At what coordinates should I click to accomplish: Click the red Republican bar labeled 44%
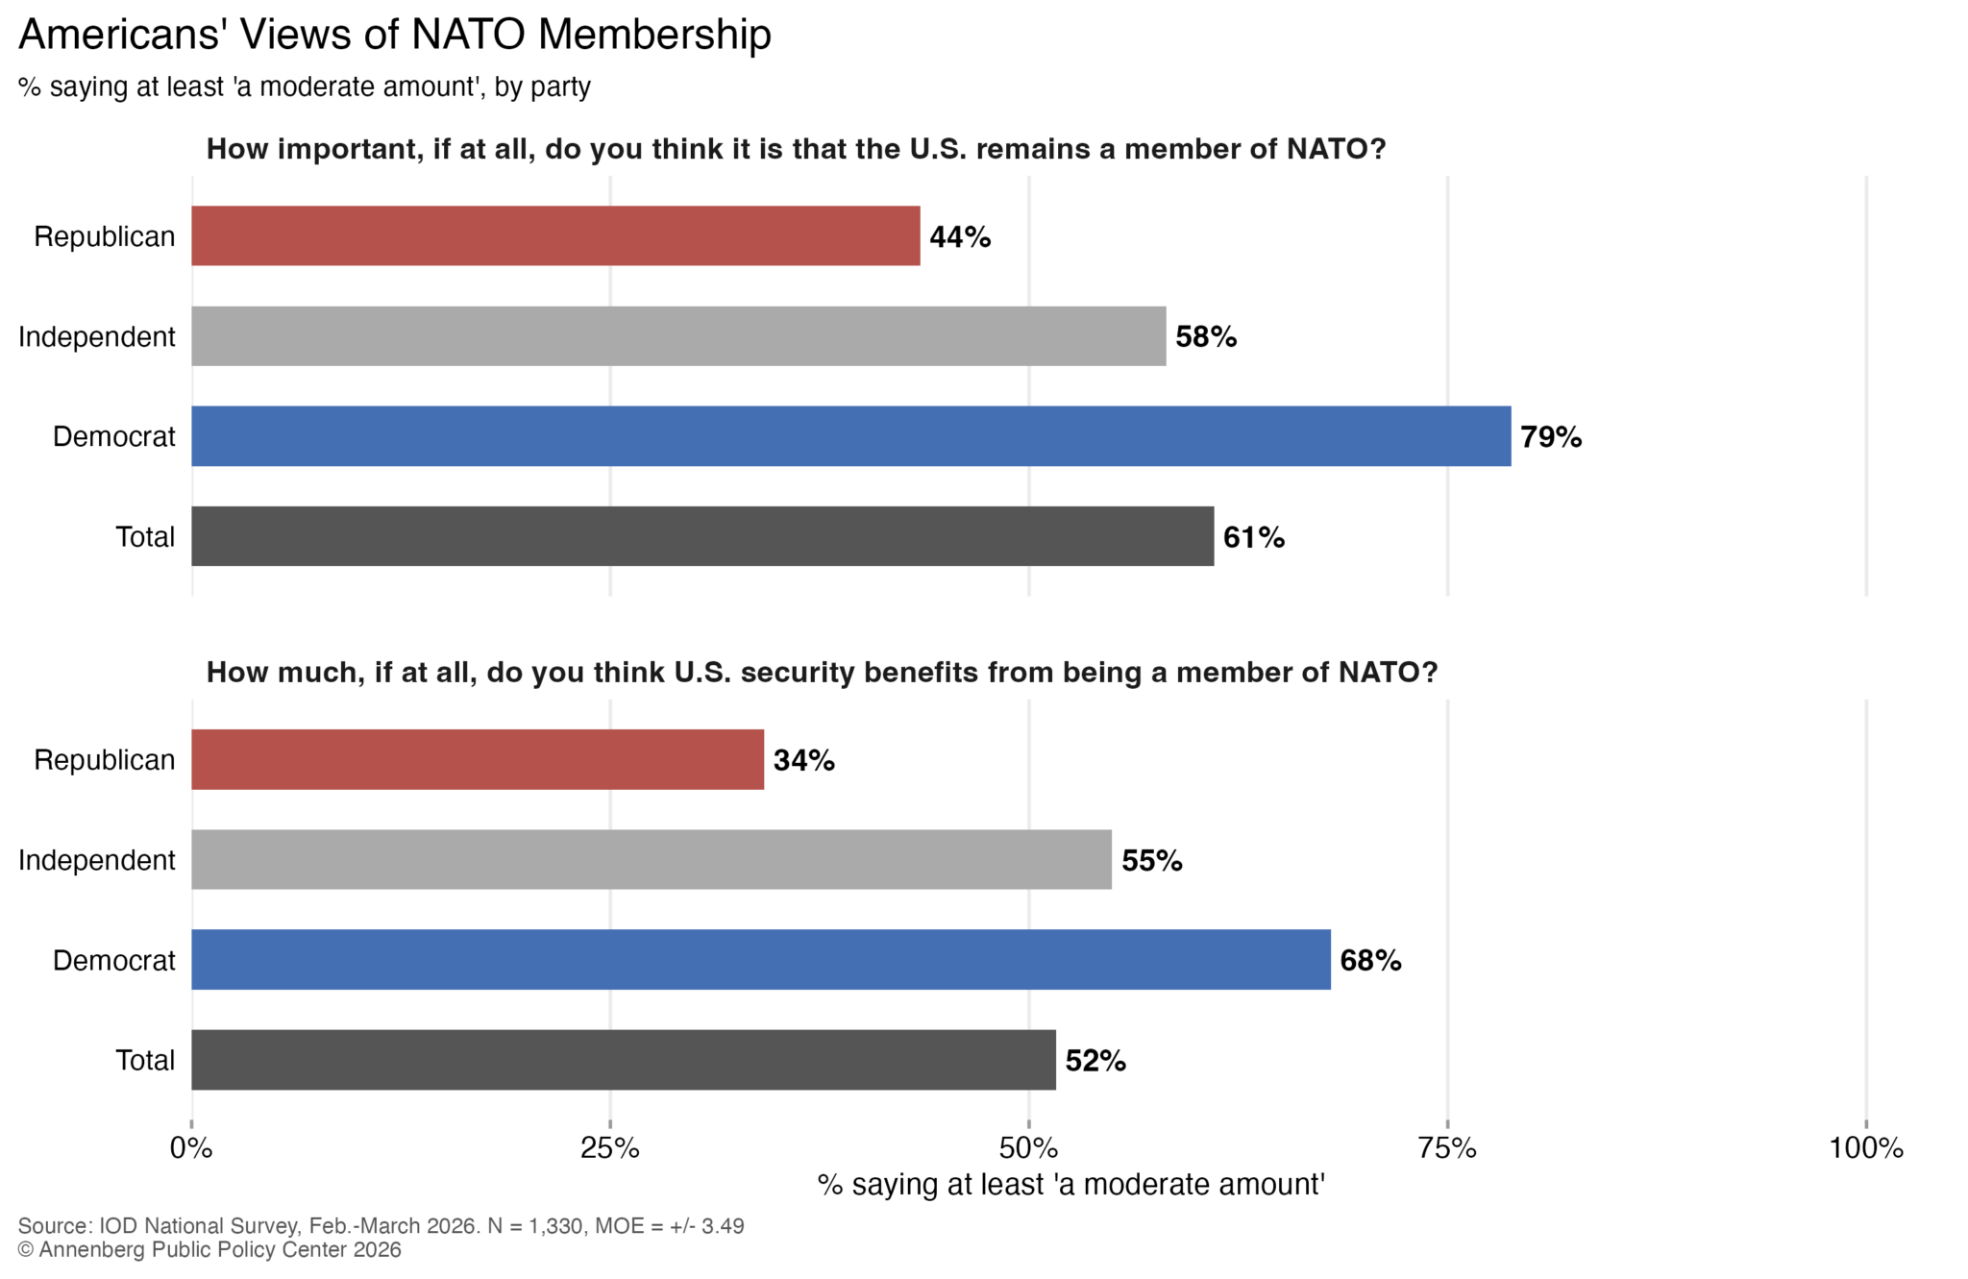point(555,235)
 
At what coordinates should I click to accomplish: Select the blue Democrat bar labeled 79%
point(850,436)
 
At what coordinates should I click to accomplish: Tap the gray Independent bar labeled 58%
point(678,336)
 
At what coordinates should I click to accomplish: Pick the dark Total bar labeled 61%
point(702,536)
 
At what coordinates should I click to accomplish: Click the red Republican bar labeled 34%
point(478,759)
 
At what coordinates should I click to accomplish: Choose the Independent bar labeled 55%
point(652,859)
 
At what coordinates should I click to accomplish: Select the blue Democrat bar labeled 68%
point(761,959)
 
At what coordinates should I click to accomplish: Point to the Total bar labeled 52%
point(624,1060)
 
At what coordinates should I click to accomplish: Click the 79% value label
point(1550,437)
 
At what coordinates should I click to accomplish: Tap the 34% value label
point(803,760)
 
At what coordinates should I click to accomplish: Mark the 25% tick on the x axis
point(610,1147)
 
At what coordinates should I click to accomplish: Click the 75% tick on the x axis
point(1447,1147)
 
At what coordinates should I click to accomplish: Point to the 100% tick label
point(1865,1147)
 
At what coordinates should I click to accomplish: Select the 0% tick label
point(191,1147)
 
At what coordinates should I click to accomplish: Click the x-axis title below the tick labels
point(1070,1185)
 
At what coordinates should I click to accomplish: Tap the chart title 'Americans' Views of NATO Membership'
point(395,35)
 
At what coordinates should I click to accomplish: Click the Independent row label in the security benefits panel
point(97,860)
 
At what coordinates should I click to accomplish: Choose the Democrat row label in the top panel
point(113,436)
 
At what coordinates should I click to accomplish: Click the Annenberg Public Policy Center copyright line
point(209,1250)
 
